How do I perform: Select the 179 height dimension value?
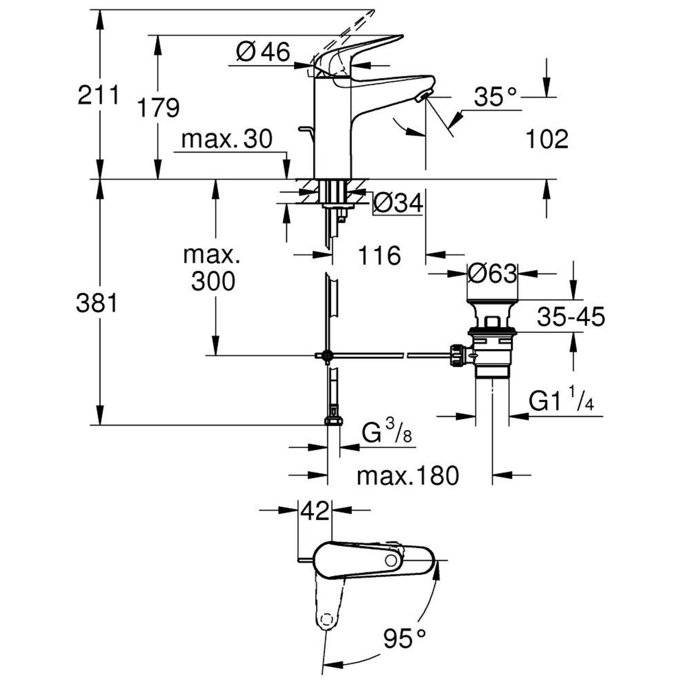159,108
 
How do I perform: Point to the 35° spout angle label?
495,97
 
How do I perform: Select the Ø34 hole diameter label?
398,204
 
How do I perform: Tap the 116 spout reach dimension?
379,255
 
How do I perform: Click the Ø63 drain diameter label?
492,275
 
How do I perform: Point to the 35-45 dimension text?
571,317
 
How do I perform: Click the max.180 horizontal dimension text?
407,476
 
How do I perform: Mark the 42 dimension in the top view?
314,511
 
